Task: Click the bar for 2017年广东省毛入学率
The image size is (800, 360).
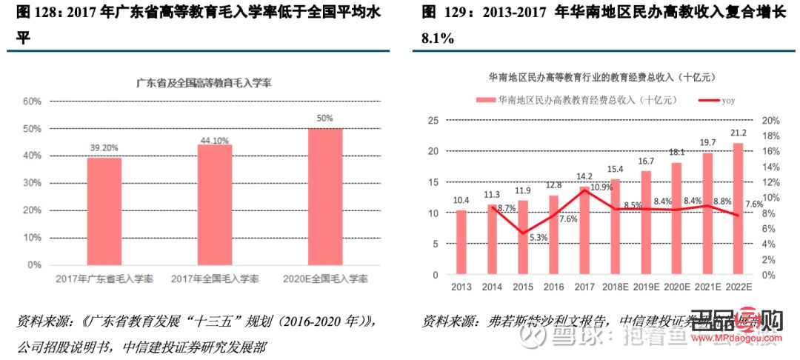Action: click(104, 211)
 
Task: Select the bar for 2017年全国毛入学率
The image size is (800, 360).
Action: click(215, 204)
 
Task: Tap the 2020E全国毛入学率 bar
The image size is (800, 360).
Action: click(325, 196)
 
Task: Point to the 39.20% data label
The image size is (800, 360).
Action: click(104, 148)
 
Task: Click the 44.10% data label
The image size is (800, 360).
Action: click(215, 140)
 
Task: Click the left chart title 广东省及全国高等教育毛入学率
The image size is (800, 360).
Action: click(204, 84)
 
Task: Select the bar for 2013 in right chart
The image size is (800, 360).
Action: click(461, 242)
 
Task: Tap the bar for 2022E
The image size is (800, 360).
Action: click(738, 209)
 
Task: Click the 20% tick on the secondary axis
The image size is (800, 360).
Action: click(771, 121)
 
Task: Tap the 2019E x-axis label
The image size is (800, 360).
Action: click(646, 287)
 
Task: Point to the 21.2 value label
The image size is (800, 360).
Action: click(738, 133)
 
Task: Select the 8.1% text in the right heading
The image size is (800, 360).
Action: click(437, 38)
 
